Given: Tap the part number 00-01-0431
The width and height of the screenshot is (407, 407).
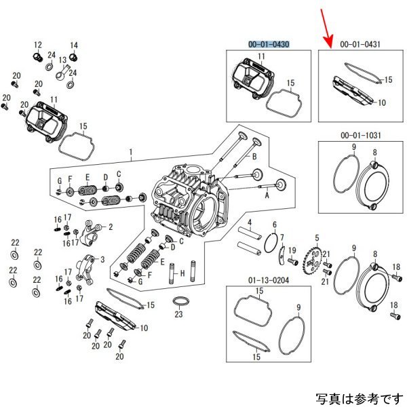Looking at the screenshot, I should click(360, 44).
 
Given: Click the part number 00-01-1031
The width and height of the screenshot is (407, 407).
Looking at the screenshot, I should click(360, 136).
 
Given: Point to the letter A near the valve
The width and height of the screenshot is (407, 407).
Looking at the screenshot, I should click(267, 195).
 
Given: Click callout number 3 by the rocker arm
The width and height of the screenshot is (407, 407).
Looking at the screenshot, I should click(102, 259).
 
